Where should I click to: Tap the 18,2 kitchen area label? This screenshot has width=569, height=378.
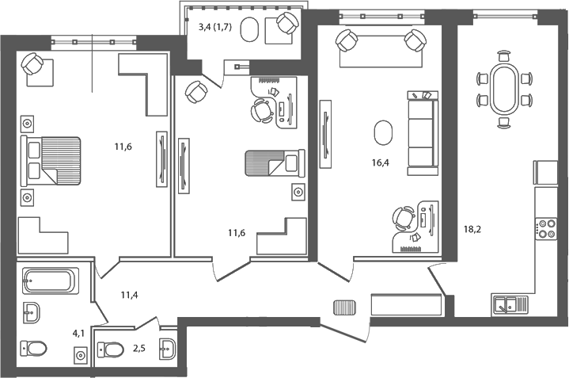[x=472, y=231]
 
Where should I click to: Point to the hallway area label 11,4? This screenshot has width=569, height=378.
[x=130, y=296]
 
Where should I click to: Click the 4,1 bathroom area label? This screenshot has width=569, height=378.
[x=78, y=334]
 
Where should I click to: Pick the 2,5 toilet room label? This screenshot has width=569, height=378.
[x=138, y=346]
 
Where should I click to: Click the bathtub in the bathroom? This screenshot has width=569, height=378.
[x=50, y=281]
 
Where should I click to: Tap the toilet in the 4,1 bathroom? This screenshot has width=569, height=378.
[x=34, y=347]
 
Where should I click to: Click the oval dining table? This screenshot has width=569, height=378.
[x=503, y=90]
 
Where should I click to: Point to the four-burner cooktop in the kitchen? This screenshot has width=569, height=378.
[x=547, y=228]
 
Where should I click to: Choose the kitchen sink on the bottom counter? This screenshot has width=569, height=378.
[x=506, y=303]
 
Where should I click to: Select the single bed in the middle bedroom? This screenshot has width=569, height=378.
[x=273, y=164]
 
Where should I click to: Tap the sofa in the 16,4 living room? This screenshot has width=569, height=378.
[x=422, y=132]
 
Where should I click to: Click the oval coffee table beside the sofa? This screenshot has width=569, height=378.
[x=382, y=132]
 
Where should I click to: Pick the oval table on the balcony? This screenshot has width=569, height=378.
[x=249, y=31]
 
